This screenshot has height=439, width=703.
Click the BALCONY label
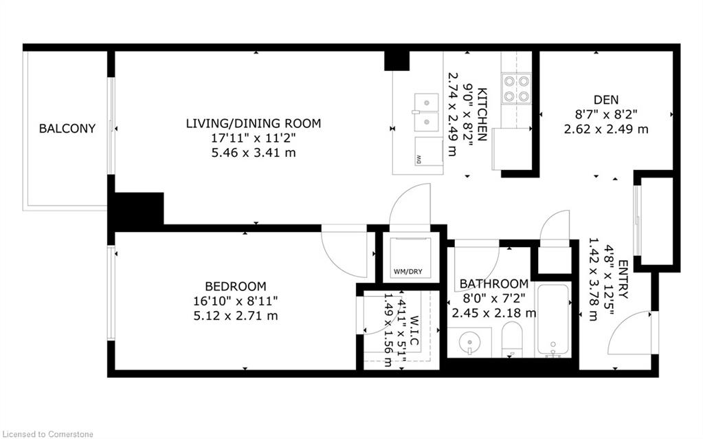pyautogui.click(x=67, y=128)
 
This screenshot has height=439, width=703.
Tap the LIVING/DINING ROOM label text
pyautogui.click(x=253, y=124)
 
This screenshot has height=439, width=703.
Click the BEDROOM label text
pyautogui.click(x=235, y=286)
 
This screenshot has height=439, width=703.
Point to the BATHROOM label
pyautogui.click(x=494, y=283)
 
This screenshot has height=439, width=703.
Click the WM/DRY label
pyautogui.click(x=408, y=272)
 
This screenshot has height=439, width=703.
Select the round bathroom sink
pyautogui.click(x=469, y=342)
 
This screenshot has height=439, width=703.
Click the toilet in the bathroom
pyautogui.click(x=512, y=341)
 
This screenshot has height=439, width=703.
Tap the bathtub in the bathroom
pyautogui.click(x=553, y=320)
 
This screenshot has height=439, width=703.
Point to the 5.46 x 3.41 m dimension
pyautogui.click(x=253, y=153)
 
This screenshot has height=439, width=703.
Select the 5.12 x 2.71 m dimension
pyautogui.click(x=235, y=316)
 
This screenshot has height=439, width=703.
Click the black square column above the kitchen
pyautogui.click(x=397, y=61)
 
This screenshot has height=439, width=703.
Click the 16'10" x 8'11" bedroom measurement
pyautogui.click(x=235, y=301)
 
